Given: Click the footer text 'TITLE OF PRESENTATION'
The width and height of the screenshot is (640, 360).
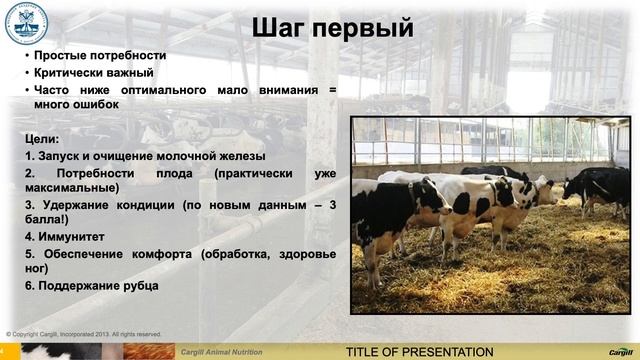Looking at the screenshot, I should pyautogui.click(x=419, y=352).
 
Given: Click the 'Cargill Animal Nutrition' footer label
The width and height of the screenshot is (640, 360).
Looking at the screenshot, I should pyautogui.click(x=220, y=353).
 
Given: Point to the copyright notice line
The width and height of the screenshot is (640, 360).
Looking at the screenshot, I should pyautogui.click(x=84, y=334).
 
